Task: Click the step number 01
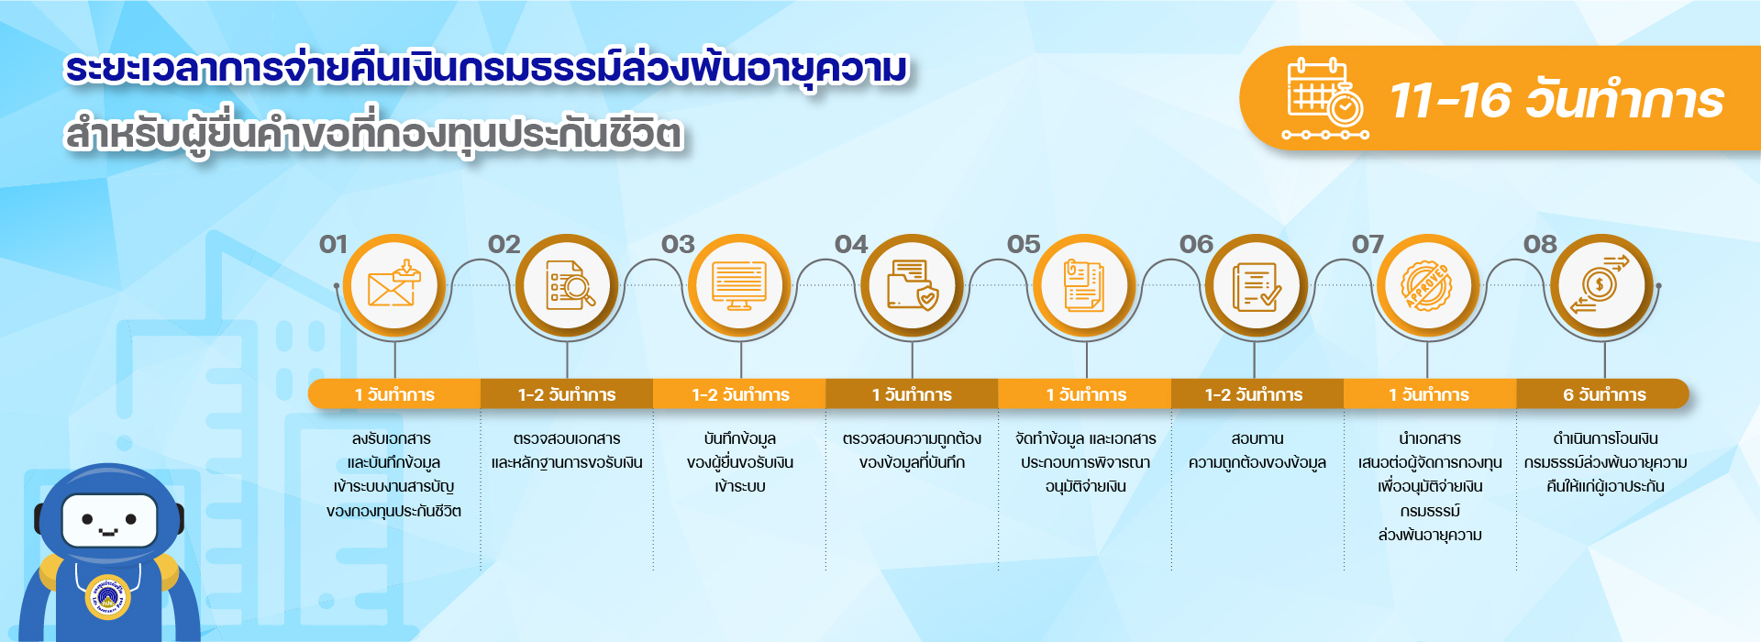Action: pos(333,244)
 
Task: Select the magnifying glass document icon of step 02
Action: pos(569,285)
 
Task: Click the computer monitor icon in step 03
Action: pos(739,286)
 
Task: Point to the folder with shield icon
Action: pos(913,285)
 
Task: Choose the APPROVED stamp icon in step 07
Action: pos(1428,285)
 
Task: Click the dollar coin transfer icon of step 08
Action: pos(1600,285)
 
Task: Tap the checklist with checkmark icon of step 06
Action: pos(1256,286)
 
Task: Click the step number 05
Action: pos(1024,244)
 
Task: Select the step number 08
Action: pos(1540,244)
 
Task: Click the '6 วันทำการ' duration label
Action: pos(1604,394)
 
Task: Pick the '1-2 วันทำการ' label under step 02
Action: pos(567,394)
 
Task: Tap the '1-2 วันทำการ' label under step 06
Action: pos(1254,394)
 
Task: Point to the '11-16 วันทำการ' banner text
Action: pos(1557,100)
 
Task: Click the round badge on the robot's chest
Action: pos(107,597)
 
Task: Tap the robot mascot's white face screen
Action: pos(110,520)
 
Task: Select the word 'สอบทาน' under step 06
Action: pos(1257,439)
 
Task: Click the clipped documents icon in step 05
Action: pos(1083,285)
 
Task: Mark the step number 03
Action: pos(678,244)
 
